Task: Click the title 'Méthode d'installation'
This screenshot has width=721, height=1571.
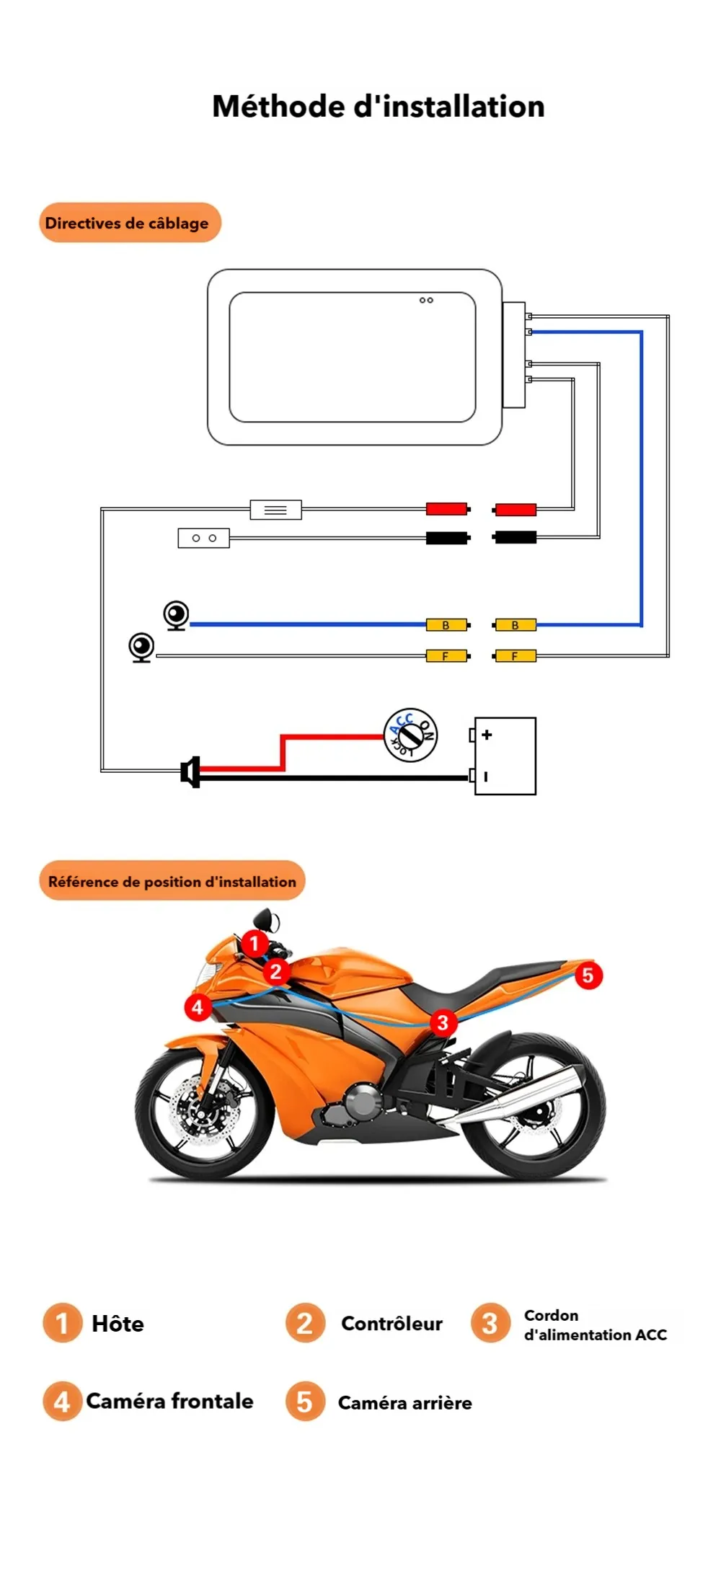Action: pos(378,107)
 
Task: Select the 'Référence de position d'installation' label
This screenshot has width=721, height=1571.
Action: pos(172,881)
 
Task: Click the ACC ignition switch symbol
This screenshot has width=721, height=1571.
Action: pos(410,735)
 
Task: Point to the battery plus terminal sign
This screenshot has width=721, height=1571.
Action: pos(487,735)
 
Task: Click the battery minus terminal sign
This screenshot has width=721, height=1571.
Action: pos(486,776)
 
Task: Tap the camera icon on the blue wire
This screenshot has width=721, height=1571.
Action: pos(176,616)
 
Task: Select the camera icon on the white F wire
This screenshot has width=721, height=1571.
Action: pos(141,647)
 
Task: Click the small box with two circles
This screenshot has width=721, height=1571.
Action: pos(203,538)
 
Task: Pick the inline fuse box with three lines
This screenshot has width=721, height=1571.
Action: pos(275,510)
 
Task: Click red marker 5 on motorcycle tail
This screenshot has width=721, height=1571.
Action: pos(588,975)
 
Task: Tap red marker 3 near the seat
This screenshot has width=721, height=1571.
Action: pos(443,1022)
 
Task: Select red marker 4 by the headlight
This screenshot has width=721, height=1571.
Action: pos(198,1007)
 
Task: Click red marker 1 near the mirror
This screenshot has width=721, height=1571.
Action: pos(254,943)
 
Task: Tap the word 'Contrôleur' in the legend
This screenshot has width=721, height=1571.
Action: pos(392,1324)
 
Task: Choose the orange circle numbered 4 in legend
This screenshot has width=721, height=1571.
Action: pos(62,1401)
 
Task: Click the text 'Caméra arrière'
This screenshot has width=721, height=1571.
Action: pos(404,1403)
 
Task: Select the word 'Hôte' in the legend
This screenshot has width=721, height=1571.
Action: pos(118,1324)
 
